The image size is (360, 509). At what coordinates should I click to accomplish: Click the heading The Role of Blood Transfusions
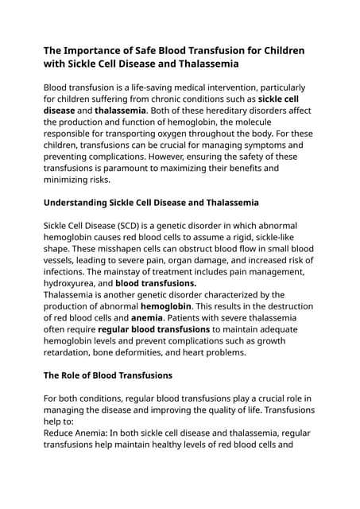108,375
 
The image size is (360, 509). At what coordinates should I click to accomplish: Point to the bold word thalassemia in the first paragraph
121,111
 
